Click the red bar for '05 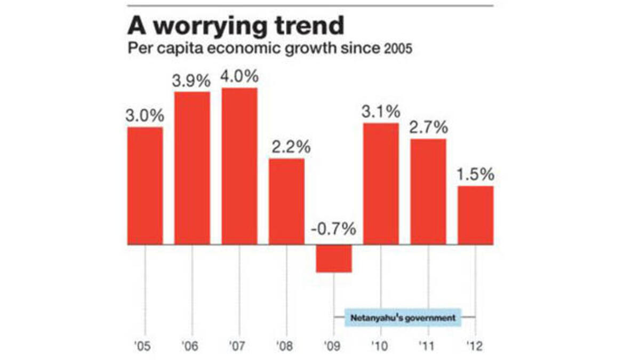tap(145, 186)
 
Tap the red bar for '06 tap(193, 168)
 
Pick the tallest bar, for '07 tap(239, 166)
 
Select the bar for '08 tap(286, 201)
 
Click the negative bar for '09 tap(334, 258)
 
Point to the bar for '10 tap(381, 183)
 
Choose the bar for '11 tap(428, 191)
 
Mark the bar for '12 tap(475, 215)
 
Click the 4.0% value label tap(239, 77)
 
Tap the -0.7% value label tap(333, 229)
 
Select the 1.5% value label tap(476, 174)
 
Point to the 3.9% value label tap(192, 82)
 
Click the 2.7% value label tap(428, 128)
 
